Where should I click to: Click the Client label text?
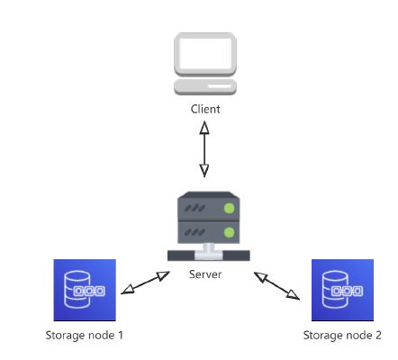pos(205,109)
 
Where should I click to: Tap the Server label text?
pos(205,274)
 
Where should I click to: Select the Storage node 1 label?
pos(85,335)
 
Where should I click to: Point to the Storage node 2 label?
pos(342,335)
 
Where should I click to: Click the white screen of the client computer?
pos(205,53)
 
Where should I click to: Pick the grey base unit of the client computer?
pos(205,86)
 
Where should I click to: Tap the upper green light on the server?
pos(230,208)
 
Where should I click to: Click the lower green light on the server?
pos(230,232)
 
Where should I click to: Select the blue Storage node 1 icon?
pos(85,290)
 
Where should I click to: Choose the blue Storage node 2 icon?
pos(342,290)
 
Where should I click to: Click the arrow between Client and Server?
pos(204,149)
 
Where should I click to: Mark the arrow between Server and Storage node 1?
pos(146,283)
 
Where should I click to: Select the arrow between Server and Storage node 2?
pos(276,286)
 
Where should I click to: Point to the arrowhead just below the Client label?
pos(204,127)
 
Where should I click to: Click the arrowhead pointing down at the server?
pos(204,171)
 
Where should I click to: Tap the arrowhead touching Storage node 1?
pos(127,290)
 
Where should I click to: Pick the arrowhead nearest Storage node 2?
pos(294,295)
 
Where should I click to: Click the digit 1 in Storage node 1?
pos(121,335)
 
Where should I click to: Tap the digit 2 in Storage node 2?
pos(378,335)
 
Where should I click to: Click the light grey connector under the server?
pos(209,252)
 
